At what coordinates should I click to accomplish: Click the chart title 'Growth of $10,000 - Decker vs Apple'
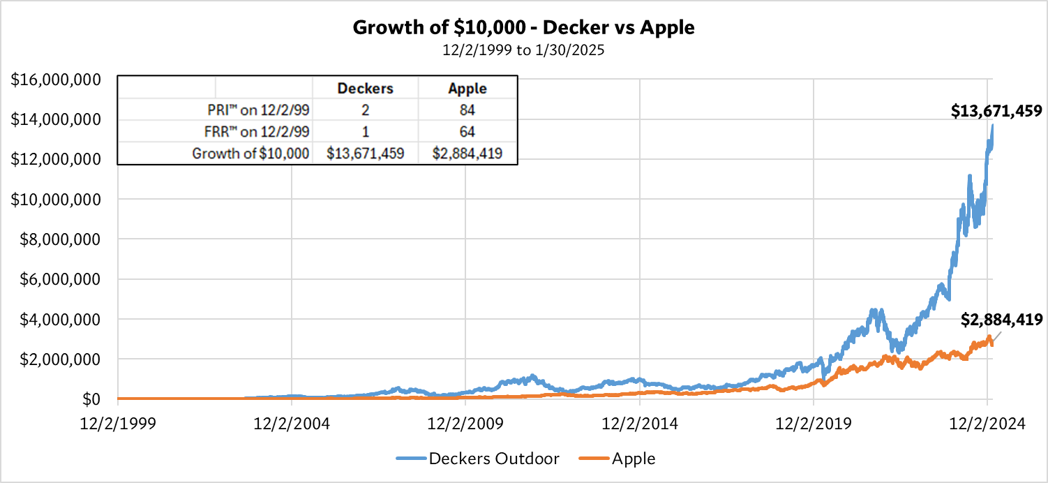click(x=524, y=27)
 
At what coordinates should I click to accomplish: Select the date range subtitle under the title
click(x=524, y=50)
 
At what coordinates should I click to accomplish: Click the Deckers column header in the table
click(x=366, y=89)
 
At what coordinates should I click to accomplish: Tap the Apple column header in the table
click(x=467, y=89)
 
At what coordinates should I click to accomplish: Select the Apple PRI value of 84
click(x=467, y=110)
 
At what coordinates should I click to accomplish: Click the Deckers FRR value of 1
click(x=366, y=131)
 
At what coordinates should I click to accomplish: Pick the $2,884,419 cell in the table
click(x=467, y=153)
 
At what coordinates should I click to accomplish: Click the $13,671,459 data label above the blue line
click(x=996, y=110)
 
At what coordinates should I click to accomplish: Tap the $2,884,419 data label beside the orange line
click(x=1001, y=320)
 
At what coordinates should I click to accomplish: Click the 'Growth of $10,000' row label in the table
click(x=250, y=153)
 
